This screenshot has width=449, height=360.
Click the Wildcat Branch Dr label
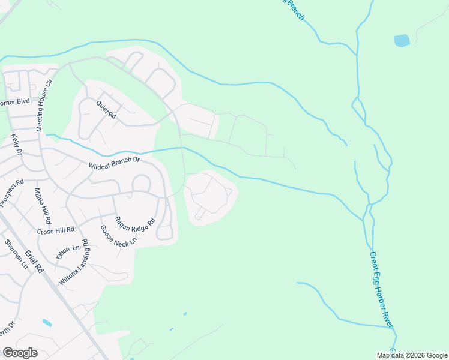114,161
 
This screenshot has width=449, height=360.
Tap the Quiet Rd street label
105,109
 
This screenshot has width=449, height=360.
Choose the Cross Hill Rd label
55,230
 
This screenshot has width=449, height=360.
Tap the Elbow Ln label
67,252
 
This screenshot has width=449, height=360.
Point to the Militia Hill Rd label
43,205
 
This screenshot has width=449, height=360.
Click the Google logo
20,353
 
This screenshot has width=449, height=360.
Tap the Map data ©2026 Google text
411,355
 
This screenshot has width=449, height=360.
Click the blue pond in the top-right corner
402,41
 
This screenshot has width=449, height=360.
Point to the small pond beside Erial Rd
47,323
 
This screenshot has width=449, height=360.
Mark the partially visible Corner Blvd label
15,103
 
